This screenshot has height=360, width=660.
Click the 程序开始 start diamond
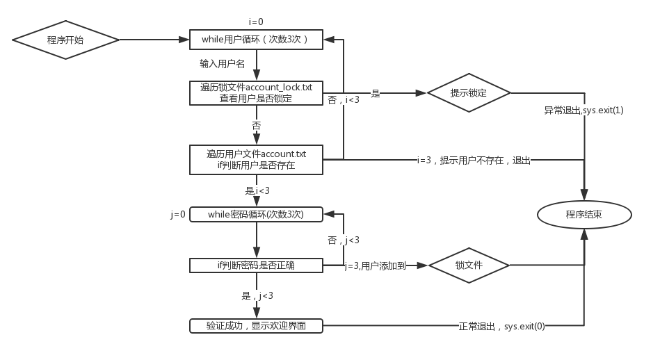65,40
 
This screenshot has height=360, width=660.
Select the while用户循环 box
257,40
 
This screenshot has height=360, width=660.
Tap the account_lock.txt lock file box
257,93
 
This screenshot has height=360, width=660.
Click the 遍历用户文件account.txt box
257,159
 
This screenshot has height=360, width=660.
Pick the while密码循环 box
257,214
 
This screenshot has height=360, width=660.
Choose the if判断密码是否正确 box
257,265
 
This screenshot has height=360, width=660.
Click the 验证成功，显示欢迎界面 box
257,325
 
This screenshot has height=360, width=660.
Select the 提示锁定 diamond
468,93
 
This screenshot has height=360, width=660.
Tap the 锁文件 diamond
469,265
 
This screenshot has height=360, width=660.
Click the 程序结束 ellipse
583,215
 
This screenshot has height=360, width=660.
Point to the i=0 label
256,22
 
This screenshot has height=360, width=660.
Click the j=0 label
178,215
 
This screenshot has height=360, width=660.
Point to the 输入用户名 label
222,64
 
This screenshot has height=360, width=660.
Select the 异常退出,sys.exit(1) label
583,111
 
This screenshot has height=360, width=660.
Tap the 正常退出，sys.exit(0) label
501,325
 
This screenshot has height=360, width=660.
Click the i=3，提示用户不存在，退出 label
474,160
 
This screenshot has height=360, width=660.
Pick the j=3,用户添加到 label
376,265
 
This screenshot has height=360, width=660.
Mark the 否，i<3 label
344,100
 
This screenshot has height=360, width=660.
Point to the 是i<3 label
257,190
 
